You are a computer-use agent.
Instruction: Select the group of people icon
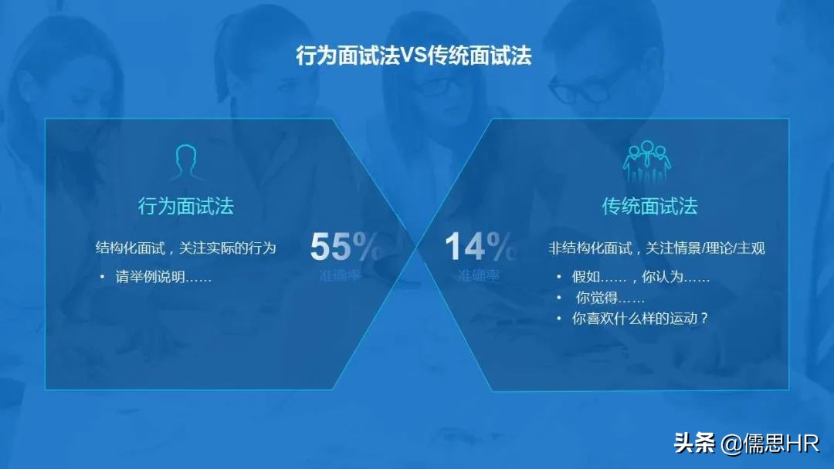pos(647,162)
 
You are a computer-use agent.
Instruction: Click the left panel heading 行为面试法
pos(185,206)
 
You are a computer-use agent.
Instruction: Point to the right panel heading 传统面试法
pos(649,206)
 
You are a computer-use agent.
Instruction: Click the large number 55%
pos(345,247)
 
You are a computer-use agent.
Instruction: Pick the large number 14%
pos(479,247)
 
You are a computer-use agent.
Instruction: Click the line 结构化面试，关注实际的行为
pos(185,248)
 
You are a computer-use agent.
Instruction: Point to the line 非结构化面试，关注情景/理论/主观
pos(656,248)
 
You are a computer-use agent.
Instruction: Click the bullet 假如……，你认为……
pos(640,277)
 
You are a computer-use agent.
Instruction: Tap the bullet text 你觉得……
pos(610,298)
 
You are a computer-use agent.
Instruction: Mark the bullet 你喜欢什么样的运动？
pos(639,318)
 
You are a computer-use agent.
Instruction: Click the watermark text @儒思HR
pos(770,444)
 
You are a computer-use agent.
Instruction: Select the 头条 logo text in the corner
pos(694,444)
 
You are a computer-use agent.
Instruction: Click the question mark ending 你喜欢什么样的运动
pos(703,318)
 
